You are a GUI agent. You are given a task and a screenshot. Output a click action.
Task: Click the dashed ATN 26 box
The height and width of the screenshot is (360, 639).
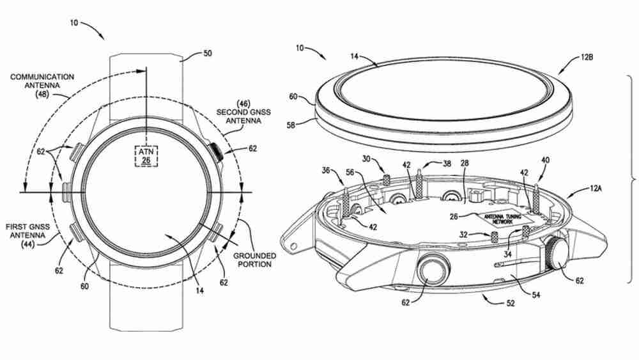pyautogui.click(x=146, y=155)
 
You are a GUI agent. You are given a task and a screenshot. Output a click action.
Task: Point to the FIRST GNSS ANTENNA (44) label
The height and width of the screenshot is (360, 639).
pyautogui.click(x=29, y=235)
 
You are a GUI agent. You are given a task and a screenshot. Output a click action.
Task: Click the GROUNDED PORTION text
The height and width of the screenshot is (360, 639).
pyautogui.click(x=254, y=260)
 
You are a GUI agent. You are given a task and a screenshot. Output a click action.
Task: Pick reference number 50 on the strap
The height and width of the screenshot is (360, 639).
pyautogui.click(x=208, y=54)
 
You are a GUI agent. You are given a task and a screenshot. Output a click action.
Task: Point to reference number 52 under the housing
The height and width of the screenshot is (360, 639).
pyautogui.click(x=510, y=303)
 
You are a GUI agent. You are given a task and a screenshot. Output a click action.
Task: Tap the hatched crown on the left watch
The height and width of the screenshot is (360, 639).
pyautogui.click(x=218, y=152)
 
